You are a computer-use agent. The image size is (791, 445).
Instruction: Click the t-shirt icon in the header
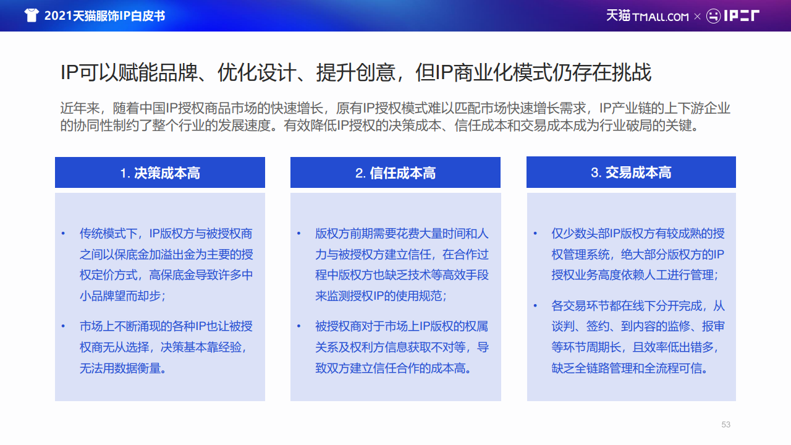(32, 15)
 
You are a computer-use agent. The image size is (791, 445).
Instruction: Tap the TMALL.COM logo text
(661, 17)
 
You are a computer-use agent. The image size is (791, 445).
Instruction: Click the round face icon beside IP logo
(713, 16)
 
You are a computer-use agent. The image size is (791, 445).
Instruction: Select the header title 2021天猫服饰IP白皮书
(104, 16)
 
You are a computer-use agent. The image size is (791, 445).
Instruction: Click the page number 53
(725, 425)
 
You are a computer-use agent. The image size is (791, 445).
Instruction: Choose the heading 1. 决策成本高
(160, 173)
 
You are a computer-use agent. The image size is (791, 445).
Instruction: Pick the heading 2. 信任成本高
(395, 173)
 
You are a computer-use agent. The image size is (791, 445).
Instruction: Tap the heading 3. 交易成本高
(631, 172)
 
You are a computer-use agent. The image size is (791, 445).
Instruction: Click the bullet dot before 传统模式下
(63, 234)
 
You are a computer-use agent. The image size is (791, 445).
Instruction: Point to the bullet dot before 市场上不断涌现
(63, 326)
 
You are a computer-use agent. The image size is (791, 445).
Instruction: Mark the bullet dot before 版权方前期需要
(298, 234)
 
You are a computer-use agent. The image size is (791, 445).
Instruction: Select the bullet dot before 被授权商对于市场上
(298, 326)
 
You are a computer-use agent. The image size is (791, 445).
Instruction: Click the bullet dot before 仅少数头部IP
(535, 234)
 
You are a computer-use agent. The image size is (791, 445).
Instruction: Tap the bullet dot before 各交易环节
(535, 305)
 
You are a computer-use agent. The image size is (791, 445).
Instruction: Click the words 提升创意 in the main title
(355, 72)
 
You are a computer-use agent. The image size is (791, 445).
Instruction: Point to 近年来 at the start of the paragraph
(80, 108)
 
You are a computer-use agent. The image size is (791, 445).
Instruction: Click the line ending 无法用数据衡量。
(123, 368)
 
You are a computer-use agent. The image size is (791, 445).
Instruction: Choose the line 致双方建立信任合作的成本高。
(393, 368)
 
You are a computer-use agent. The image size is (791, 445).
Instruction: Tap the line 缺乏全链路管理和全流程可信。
(630, 368)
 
